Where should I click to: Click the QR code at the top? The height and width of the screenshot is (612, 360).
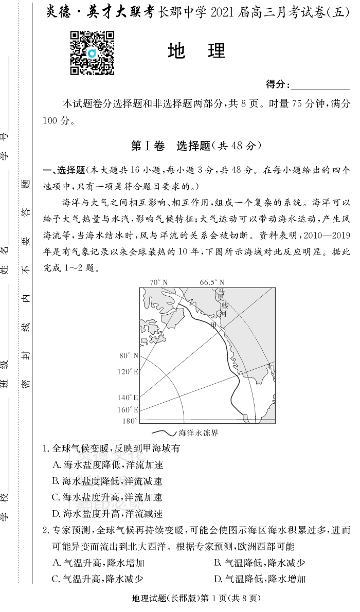[92, 53]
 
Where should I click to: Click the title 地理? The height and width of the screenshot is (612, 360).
[197, 51]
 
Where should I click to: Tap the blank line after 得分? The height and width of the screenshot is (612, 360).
[320, 85]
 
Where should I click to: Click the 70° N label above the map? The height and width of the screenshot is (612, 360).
[158, 282]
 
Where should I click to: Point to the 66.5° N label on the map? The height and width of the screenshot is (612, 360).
[212, 282]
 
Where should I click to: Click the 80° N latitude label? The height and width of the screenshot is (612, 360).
[129, 355]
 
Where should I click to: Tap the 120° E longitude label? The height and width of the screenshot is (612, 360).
[128, 371]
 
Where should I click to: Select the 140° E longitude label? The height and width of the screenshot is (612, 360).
[128, 398]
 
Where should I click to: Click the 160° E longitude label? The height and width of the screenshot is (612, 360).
[128, 410]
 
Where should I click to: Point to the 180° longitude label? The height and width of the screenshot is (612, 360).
[130, 421]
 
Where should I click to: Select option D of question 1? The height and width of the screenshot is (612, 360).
[107, 513]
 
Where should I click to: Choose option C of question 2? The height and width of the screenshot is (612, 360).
[97, 579]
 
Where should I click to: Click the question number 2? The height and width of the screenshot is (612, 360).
[45, 530]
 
